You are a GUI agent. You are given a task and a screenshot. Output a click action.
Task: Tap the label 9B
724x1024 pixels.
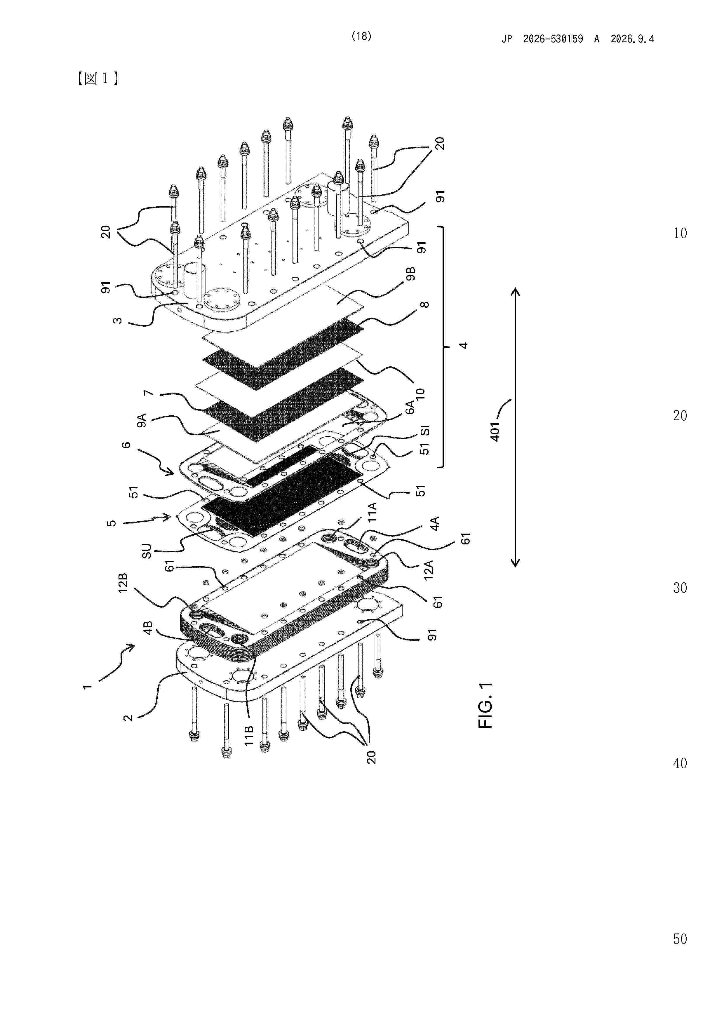(x=410, y=274)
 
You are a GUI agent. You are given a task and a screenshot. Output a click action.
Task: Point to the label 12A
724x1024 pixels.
(x=428, y=570)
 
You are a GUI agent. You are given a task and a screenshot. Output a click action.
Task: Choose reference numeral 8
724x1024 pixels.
(x=425, y=305)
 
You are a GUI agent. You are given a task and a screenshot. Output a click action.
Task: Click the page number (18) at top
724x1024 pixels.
(x=361, y=36)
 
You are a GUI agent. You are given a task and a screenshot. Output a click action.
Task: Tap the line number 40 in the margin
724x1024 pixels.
(x=680, y=763)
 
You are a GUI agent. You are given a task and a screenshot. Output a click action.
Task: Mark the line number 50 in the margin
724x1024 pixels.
(x=680, y=939)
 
